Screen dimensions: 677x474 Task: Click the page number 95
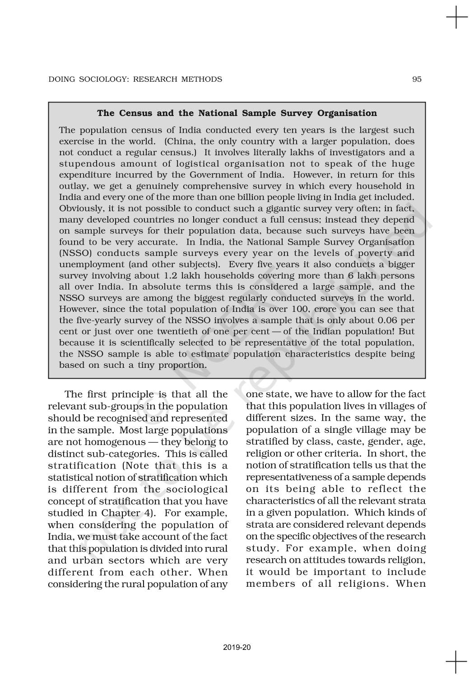point(417,79)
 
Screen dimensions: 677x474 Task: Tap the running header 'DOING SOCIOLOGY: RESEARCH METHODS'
point(135,79)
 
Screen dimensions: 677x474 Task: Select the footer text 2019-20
point(237,647)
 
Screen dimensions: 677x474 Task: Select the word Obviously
point(79,209)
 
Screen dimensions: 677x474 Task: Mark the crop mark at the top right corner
point(457,18)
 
